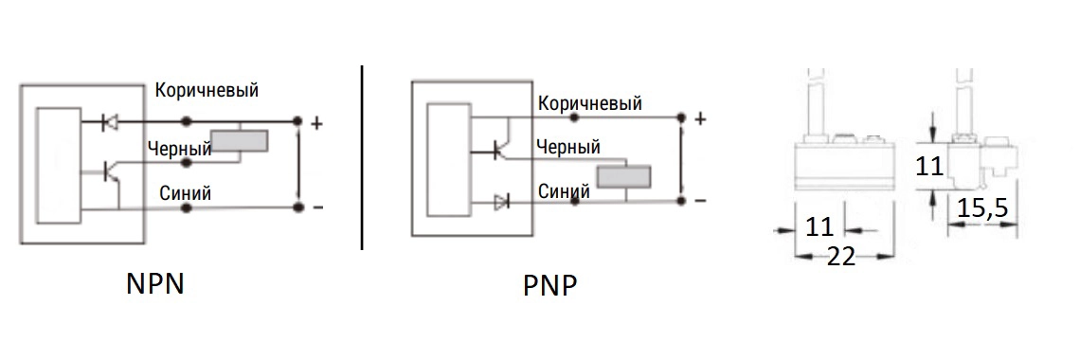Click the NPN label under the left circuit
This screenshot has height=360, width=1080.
pos(155,284)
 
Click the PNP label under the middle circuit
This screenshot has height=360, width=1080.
pos(549,286)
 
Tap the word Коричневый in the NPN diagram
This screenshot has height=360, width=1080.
pos(207,90)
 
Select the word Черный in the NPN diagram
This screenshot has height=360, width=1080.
pos(179,149)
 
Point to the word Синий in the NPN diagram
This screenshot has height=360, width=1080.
pos(186,193)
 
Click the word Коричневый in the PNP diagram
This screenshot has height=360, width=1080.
pos(590,103)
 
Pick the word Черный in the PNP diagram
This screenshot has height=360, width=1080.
pos(567,147)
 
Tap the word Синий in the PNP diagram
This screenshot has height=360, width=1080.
pos(564,190)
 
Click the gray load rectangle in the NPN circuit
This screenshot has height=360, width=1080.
pos(239,140)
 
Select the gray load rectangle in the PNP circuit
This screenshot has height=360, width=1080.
pos(624,176)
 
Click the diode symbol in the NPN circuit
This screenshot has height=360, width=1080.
pos(109,122)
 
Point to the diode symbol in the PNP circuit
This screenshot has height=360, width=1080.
pos(501,202)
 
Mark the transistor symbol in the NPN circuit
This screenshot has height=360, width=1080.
pos(112,172)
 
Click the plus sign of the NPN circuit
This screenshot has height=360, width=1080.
pos(316,124)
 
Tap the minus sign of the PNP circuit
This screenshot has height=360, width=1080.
pos(700,201)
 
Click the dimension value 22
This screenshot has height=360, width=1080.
pos(840,256)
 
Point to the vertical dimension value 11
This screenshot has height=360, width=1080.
pos(930,167)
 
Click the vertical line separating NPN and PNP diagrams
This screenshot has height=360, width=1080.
pos(362,157)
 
